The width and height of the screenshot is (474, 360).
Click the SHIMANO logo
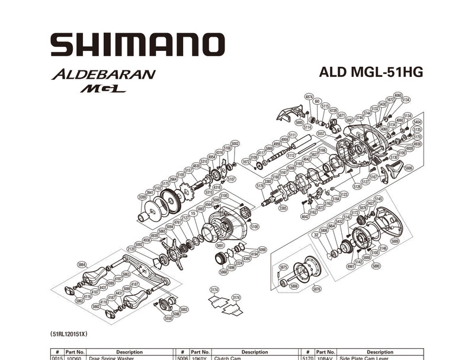[137, 44]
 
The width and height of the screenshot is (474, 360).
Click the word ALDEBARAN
[104, 75]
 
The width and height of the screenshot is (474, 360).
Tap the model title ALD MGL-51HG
[371, 72]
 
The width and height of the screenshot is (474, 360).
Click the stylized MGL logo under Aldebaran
[104, 89]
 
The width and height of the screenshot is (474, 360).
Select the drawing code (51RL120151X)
[74, 335]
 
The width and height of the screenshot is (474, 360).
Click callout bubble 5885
[299, 123]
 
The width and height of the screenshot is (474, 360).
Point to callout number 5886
[408, 168]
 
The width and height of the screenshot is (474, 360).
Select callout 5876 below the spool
[316, 289]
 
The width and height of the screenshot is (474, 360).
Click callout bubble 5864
[82, 265]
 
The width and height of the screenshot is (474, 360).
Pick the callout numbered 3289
[142, 197]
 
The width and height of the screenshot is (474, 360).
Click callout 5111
[292, 135]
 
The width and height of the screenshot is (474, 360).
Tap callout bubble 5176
[261, 186]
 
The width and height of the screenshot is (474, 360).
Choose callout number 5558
[168, 318]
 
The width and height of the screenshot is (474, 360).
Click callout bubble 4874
[309, 97]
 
